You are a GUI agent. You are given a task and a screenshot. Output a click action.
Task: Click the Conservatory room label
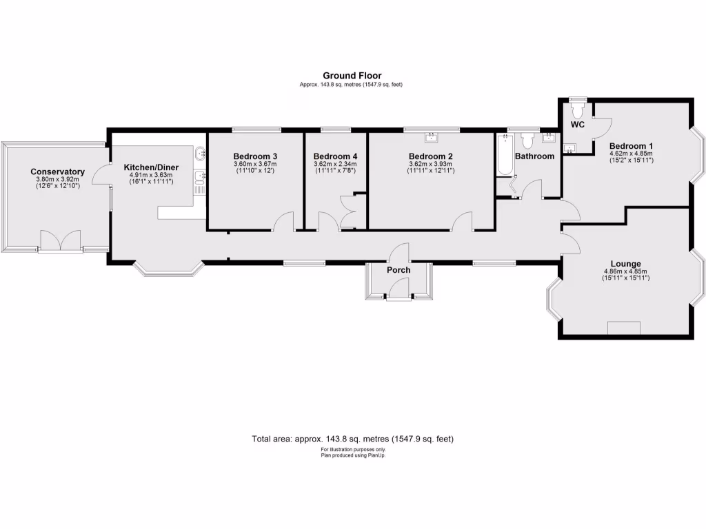[57, 172]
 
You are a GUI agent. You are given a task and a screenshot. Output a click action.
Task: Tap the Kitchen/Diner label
[151, 167]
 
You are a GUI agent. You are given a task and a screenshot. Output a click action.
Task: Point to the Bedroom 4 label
[335, 156]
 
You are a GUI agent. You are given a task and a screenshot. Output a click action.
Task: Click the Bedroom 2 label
[430, 156]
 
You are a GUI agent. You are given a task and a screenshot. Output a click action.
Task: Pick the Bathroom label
[534, 156]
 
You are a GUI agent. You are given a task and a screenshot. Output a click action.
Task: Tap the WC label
[577, 125]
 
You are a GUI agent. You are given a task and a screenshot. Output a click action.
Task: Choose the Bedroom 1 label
[631, 146]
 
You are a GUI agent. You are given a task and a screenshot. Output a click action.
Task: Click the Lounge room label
[625, 264]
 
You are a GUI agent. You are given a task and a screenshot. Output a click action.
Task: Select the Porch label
[399, 270]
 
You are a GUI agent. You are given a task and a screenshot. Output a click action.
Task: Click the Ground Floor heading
[352, 76]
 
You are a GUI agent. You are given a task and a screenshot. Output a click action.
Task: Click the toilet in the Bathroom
[528, 140]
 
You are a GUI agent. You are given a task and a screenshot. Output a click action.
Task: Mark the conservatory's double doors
[60, 241]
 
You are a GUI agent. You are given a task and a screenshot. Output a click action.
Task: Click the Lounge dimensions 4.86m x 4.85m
[626, 271]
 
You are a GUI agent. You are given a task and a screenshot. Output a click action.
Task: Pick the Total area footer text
[352, 439]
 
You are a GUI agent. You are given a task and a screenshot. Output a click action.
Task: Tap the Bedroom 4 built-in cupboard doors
[347, 211]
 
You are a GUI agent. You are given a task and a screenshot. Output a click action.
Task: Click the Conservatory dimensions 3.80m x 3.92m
[57, 179]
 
